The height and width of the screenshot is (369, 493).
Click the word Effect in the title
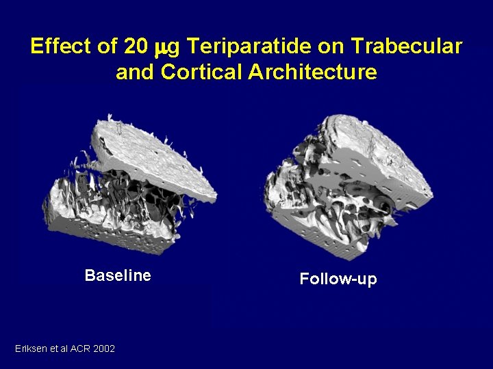pos(60,46)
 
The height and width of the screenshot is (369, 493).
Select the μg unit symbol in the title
pos(168,48)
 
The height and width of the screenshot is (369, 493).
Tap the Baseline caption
pos(118,275)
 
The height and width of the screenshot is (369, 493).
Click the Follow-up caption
pos(338,279)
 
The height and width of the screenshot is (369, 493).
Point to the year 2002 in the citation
pos(103,349)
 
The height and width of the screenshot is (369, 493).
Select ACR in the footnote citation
pos(79,349)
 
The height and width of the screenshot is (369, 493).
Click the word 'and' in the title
pos(136,72)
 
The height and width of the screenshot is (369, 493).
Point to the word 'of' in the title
pos(107,46)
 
